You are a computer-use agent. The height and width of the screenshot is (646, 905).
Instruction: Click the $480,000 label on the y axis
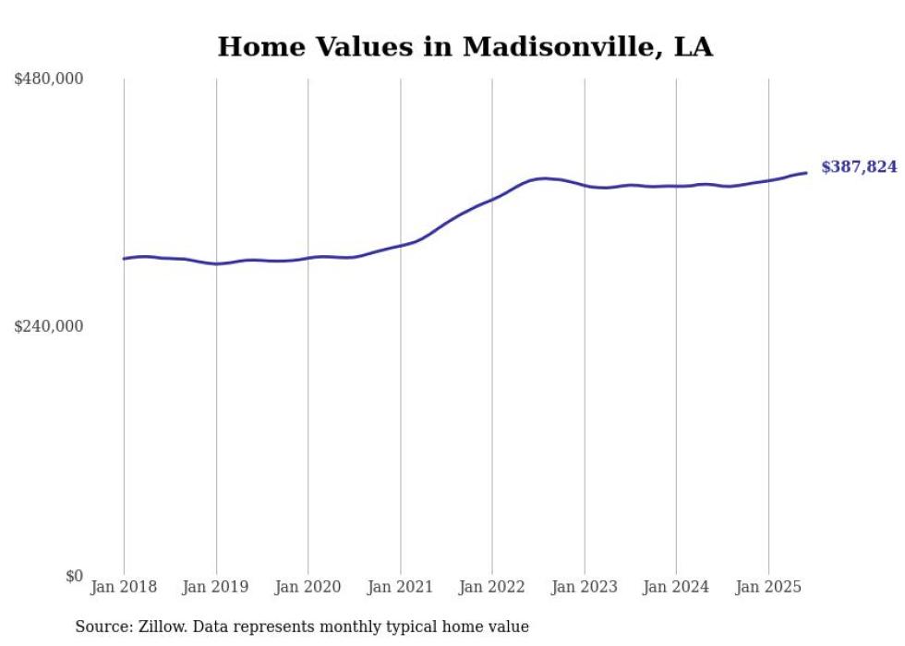49,79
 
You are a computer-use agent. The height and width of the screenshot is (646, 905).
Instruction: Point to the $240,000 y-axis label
49,326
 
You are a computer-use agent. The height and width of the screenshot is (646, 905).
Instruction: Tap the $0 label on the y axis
74,576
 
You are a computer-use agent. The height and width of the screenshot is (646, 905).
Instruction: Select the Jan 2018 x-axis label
124,587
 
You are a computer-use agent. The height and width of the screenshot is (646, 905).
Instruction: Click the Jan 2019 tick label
216,587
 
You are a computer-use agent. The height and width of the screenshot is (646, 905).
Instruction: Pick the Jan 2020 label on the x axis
308,587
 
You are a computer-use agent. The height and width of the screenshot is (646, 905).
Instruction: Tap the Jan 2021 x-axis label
400,587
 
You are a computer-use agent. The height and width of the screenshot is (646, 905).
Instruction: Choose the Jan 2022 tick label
492,587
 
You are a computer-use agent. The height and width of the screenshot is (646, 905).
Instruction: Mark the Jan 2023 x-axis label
584,587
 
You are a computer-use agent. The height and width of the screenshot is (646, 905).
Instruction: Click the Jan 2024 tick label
676,587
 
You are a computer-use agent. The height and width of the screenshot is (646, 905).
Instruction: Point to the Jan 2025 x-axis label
767,587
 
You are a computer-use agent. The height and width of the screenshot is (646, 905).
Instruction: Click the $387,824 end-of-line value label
859,167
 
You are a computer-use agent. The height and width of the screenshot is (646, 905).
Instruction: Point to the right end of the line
806,173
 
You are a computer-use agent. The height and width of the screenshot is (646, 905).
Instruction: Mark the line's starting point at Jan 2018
124,259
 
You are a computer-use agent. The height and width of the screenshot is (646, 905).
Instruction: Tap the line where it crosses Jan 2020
308,258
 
